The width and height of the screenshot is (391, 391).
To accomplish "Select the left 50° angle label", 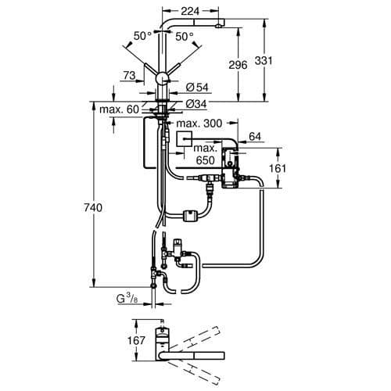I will (x=141, y=37).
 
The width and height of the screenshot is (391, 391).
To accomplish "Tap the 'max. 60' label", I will (x=118, y=108).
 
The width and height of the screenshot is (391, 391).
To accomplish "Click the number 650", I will (x=205, y=160).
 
